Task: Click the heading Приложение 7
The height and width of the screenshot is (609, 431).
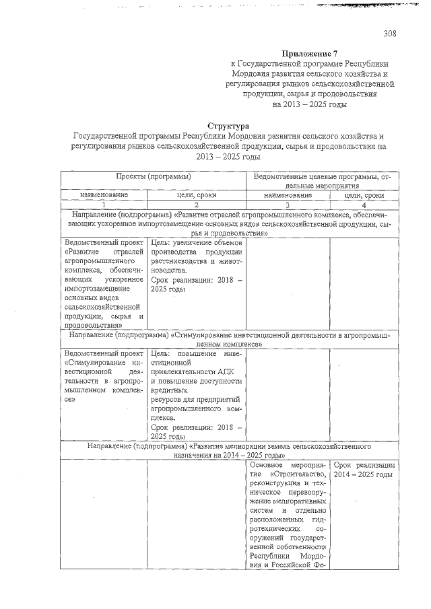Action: pyautogui.click(x=309, y=53)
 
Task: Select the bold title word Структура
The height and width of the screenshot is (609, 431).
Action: pyautogui.click(x=228, y=126)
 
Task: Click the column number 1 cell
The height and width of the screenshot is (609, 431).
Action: pyautogui.click(x=104, y=204)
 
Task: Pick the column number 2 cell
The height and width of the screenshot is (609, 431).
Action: pyautogui.click(x=196, y=204)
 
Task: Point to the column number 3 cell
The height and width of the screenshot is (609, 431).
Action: pyautogui.click(x=288, y=204)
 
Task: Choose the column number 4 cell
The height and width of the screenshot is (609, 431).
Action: pyautogui.click(x=364, y=204)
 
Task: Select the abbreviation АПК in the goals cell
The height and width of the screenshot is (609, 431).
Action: pyautogui.click(x=226, y=371)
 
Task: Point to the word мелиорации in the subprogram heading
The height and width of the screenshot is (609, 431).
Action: pyautogui.click(x=255, y=445)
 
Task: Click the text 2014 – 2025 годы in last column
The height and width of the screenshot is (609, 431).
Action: pyautogui.click(x=364, y=474)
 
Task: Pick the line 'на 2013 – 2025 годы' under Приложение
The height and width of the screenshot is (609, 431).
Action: pyautogui.click(x=309, y=104)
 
